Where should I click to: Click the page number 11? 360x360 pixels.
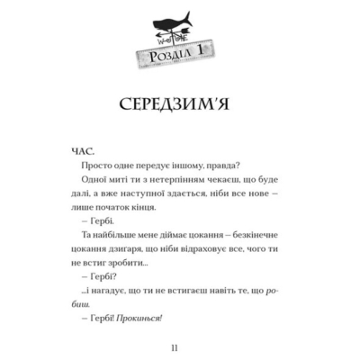point(179,346)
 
